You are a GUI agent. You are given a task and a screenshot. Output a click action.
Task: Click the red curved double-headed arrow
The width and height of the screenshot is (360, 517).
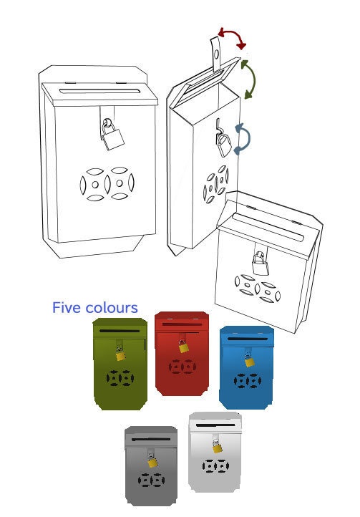[233, 33]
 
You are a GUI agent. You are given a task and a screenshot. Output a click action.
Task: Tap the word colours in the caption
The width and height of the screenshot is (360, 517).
[112, 308]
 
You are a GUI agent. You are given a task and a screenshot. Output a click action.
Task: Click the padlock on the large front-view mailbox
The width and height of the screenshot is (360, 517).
[112, 135]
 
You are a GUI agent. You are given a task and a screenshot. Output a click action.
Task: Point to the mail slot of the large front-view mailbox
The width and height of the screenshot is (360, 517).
[99, 91]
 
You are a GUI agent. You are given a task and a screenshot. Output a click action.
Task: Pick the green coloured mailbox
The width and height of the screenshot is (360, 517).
[120, 364]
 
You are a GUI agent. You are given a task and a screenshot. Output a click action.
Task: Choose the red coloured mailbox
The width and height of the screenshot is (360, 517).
[182, 354]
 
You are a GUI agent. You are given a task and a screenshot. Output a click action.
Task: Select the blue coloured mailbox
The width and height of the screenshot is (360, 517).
[247, 367]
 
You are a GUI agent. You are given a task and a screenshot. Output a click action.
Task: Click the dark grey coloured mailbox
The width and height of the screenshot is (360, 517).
[151, 465]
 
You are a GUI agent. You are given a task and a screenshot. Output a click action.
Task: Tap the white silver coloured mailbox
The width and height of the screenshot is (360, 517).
[215, 452]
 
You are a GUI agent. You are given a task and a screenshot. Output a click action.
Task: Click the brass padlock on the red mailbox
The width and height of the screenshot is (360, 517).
[183, 346]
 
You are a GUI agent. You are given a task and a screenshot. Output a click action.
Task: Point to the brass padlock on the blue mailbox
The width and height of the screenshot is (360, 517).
[249, 360]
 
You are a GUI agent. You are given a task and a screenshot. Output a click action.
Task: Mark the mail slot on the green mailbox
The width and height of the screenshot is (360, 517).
[120, 331]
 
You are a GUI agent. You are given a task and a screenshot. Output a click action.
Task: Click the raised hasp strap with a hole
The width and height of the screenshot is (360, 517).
[216, 54]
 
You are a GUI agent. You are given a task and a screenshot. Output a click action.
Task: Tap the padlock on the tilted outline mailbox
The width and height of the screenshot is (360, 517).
[261, 264]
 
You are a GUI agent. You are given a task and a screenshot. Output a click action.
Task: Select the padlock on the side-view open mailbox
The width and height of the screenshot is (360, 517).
[224, 145]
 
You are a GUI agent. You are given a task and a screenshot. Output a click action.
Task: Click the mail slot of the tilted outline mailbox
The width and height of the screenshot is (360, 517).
[268, 226]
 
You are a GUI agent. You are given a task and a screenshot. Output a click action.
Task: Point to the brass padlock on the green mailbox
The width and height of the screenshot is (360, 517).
[121, 354]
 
